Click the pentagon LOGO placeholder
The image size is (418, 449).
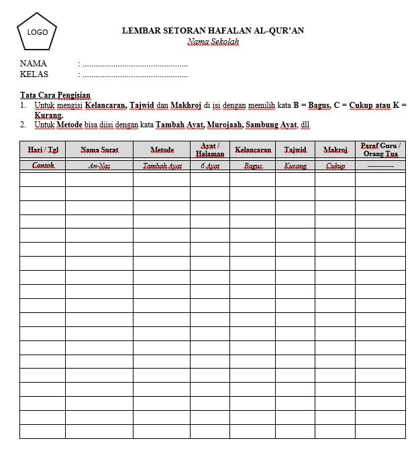point(37,33)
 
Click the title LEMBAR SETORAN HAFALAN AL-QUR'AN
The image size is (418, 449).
point(213,30)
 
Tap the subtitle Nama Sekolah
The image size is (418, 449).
point(213,42)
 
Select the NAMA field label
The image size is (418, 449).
point(34,64)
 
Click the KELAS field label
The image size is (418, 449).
point(34,74)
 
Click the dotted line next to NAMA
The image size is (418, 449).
point(134,64)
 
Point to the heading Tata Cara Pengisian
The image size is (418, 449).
point(55,95)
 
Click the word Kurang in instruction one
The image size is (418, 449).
point(48,115)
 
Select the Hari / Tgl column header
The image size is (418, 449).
point(42,149)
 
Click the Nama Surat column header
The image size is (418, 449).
point(99,149)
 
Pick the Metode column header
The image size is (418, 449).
point(162,149)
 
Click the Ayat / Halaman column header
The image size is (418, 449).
point(210,149)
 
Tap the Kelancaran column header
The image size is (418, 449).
point(252,149)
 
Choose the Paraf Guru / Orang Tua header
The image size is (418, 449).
point(380,149)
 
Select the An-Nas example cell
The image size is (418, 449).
point(99,166)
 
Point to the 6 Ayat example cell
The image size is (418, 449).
point(210,166)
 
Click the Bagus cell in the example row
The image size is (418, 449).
point(253,166)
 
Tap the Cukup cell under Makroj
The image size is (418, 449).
point(335,166)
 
